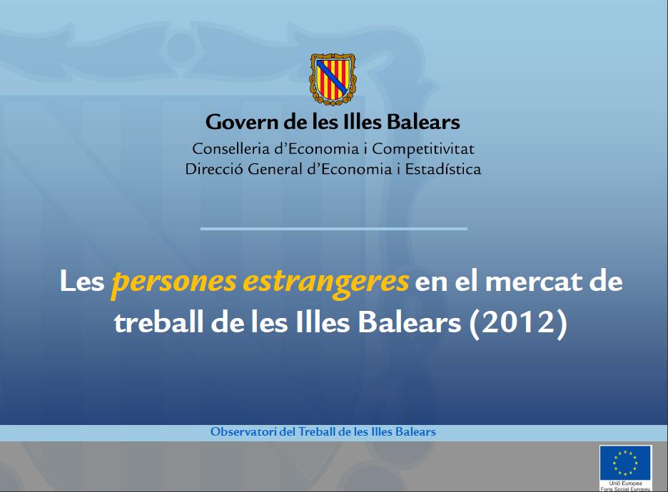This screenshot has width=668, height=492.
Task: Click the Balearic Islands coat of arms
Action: click(x=333, y=78)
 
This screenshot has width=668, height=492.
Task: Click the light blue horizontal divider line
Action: click(x=333, y=229)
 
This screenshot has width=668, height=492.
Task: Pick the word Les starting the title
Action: click(x=82, y=282)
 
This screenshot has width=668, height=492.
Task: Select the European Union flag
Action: click(x=625, y=462)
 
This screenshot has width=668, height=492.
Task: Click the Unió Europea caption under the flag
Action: click(x=625, y=483)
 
